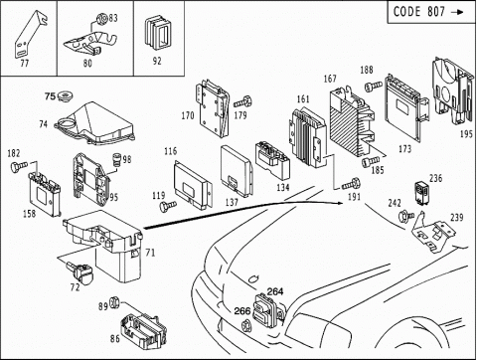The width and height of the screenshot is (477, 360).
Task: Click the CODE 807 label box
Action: pos(431,12)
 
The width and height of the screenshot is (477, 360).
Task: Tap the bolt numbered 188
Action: pos(373,87)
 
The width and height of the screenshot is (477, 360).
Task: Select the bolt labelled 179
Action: pos(243,101)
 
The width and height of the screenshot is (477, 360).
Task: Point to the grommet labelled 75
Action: pos(65,96)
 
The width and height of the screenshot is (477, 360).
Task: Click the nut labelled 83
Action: pos(101,19)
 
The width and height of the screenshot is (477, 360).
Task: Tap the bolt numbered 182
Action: pos(20,166)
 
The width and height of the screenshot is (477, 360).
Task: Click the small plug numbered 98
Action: pos(117,160)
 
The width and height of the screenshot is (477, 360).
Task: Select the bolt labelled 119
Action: pos(168,206)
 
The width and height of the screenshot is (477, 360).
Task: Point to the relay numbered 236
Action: pos(421,192)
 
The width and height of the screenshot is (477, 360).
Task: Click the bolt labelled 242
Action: pos(405,216)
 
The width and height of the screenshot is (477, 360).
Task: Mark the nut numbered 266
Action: pos(246,325)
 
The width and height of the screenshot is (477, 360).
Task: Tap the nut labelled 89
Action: pos(113,302)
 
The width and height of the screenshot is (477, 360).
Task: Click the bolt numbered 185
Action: pos(370,162)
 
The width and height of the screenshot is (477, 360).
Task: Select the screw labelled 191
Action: pos(351,184)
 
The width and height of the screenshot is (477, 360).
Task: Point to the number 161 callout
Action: pos(303,98)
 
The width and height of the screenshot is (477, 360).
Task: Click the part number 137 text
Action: pos(232,202)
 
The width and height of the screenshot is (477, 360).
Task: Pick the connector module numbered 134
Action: pos(272,160)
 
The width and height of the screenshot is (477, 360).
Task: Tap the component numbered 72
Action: pos(80,272)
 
